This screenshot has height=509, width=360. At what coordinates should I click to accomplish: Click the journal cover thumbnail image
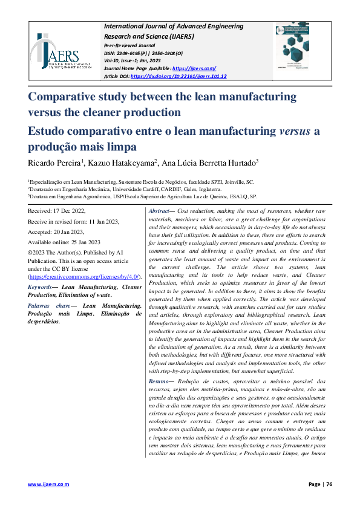[300, 51]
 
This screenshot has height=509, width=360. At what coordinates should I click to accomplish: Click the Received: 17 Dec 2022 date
[57, 210]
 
